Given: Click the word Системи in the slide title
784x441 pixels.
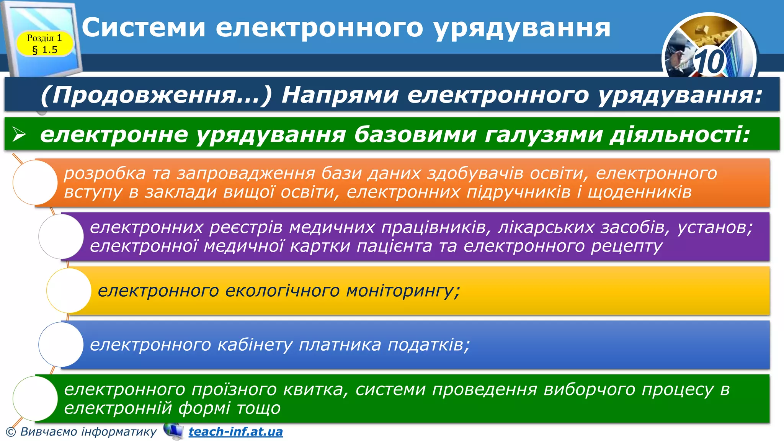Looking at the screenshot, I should (144, 28).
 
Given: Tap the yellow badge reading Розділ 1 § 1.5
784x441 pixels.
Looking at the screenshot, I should (44, 44).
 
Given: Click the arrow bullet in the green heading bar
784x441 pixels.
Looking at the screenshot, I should (19, 135).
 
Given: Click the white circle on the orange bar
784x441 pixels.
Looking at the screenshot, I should (35, 183).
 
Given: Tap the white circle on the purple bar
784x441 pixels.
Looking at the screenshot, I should (61, 237).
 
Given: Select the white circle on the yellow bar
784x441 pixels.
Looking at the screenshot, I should (69, 291).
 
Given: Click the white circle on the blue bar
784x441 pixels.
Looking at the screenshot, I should (61, 345).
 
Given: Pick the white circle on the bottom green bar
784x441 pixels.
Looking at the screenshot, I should (35, 399).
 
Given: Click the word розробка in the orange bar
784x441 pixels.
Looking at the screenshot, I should (105, 173).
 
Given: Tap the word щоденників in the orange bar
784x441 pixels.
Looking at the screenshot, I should (639, 192).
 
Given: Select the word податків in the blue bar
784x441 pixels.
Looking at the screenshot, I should (428, 345).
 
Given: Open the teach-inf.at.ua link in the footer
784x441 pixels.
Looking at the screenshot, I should (236, 432).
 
